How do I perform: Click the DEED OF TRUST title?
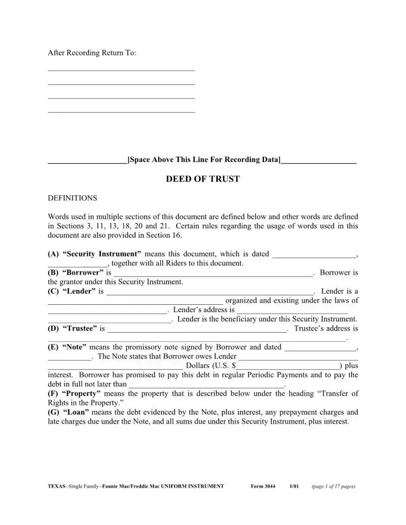pyautogui.click(x=203, y=179)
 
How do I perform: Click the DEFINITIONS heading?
pyautogui.click(x=72, y=198)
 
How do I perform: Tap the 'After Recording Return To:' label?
pyautogui.click(x=92, y=53)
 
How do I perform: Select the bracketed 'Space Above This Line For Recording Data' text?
pyautogui.click(x=204, y=160)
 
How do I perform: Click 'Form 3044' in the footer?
pyautogui.click(x=263, y=486)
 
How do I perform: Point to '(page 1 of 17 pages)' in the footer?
pyautogui.click(x=333, y=486)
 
